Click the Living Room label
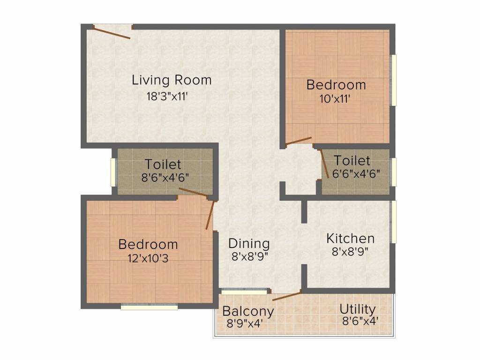point(172,80)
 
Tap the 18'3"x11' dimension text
point(167,97)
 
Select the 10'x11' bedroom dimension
point(335,99)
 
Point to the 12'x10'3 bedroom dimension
point(148,259)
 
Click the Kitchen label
point(350,239)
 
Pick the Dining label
point(249,244)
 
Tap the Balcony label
point(248,311)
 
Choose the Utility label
point(358,309)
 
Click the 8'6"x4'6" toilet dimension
point(165,178)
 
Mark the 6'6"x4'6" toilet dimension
point(356,173)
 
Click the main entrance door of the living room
point(112,32)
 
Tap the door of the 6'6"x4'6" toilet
point(324,164)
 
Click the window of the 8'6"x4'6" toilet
point(113,172)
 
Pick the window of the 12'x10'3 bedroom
point(150,307)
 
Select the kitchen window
point(394,222)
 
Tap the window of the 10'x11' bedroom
point(394,80)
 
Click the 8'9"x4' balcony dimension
point(245,323)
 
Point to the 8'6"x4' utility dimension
point(360,321)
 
